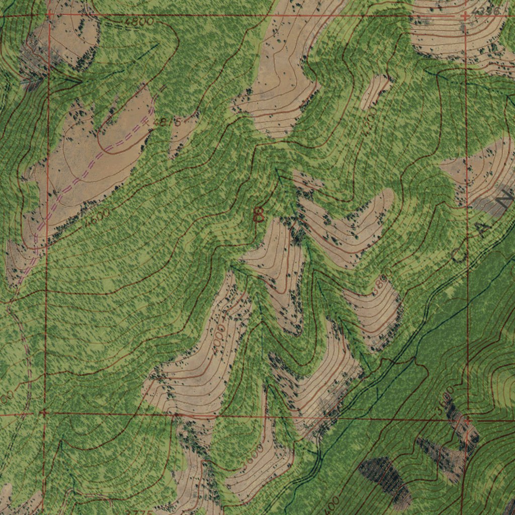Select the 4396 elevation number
(x=487, y=11)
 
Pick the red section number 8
(x=259, y=215)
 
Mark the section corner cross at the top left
(x=49, y=15)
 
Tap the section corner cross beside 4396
(x=465, y=17)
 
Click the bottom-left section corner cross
(x=44, y=413)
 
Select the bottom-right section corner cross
(x=468, y=418)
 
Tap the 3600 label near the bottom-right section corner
(x=445, y=400)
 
